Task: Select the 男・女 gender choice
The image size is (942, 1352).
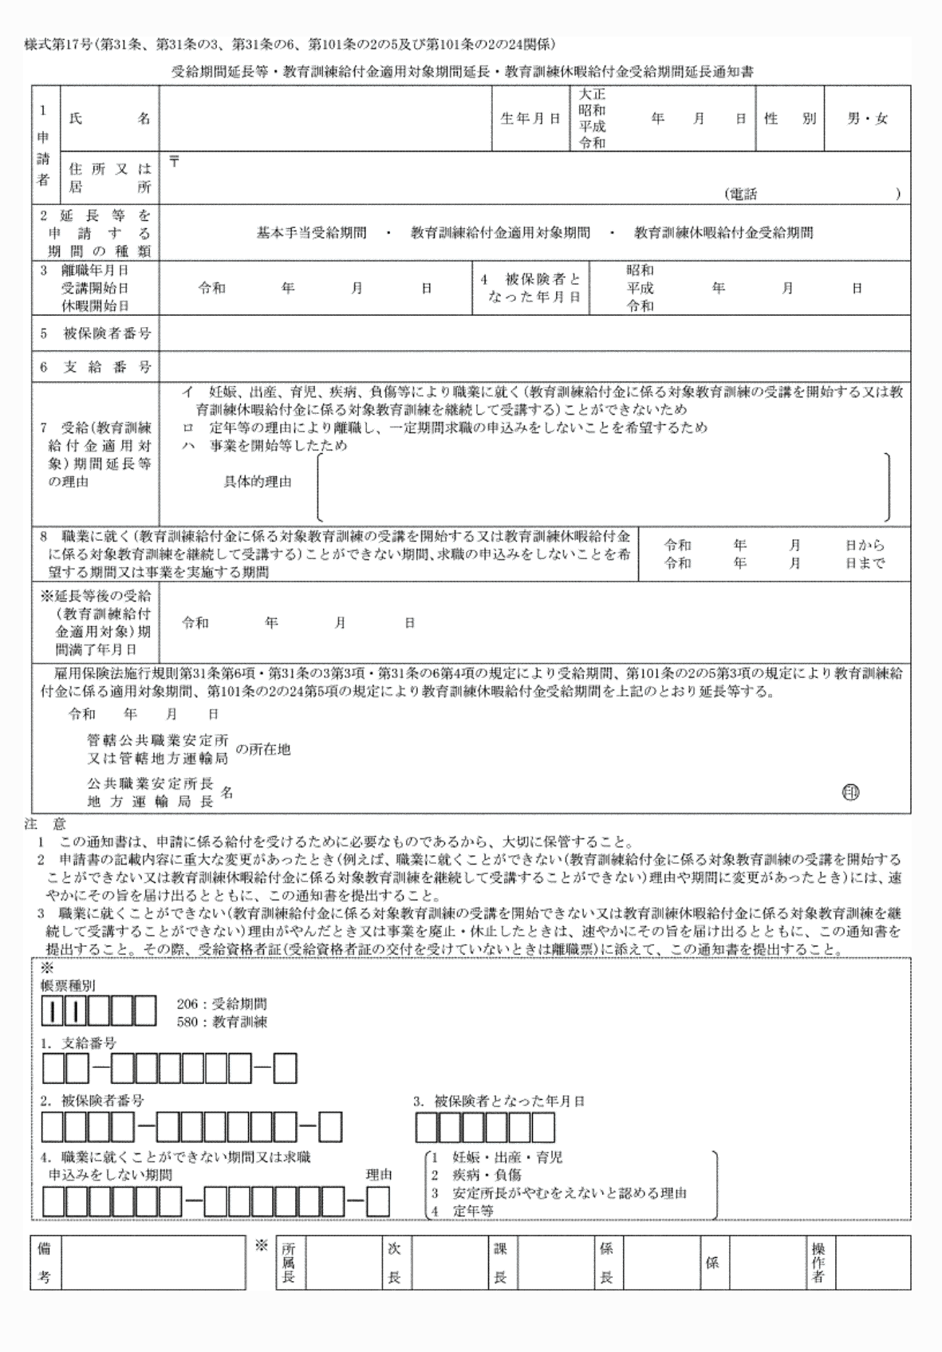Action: point(867,119)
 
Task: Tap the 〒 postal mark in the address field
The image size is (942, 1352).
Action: point(174,162)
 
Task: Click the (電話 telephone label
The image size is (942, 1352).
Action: point(741,194)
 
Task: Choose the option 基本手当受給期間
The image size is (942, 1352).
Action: point(311,233)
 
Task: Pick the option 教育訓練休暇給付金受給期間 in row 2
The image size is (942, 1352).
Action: point(723,233)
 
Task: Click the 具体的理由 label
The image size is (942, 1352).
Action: point(258,482)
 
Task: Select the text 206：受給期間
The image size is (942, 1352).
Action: point(222,1003)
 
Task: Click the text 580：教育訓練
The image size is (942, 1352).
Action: point(222,1021)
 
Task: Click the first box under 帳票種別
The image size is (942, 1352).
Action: point(53,1011)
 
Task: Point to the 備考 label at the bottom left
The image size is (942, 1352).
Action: point(45,1264)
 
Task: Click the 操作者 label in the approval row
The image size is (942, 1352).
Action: point(818,1264)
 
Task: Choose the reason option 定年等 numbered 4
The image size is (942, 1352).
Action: point(473,1210)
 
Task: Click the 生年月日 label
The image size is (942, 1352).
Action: point(530,119)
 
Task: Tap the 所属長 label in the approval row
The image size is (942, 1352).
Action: point(288,1264)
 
